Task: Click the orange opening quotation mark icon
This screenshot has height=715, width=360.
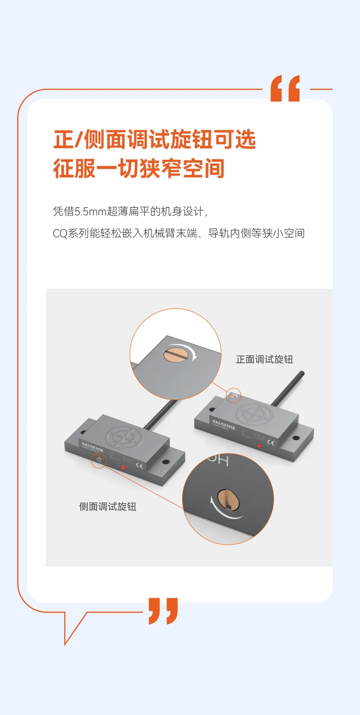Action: coord(285,88)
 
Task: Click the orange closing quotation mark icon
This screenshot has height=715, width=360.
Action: coord(163,610)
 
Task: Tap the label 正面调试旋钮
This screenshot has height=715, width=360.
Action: coord(264,359)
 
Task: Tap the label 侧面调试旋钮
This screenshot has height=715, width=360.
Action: coord(108,507)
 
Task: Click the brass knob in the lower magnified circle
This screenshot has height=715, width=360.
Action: coord(228,499)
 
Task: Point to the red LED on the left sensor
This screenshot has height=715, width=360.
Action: coord(123,467)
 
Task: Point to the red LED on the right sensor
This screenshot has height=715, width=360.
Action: coord(259,446)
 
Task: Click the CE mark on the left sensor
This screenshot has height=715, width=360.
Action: coord(139,466)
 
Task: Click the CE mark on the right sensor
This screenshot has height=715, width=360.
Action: coord(271,443)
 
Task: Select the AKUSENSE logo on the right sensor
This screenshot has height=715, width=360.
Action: coord(224,424)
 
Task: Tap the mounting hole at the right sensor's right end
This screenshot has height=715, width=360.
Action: coord(295,438)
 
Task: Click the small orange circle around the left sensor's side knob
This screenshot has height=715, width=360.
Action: coord(99,461)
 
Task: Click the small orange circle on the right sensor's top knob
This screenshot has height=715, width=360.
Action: coord(233,395)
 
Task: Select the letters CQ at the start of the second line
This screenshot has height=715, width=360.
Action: coord(60,233)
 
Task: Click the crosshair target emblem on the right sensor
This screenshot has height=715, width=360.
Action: coord(254,414)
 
